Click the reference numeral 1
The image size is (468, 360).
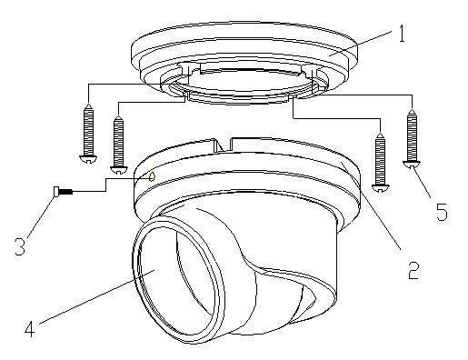401,34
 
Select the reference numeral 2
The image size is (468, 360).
413,270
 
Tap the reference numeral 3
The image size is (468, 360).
20,246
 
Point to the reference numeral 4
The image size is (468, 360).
30,328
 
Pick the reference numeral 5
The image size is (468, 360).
442,212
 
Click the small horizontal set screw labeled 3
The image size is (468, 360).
63,192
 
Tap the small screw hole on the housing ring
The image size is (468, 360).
153,175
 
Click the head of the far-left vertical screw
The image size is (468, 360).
88,159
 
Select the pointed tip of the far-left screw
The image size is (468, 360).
88,104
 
